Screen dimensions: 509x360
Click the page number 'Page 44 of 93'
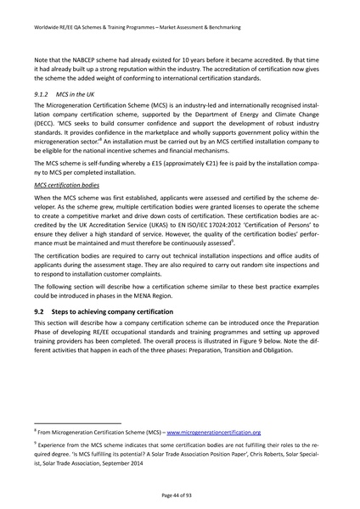[179, 495]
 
